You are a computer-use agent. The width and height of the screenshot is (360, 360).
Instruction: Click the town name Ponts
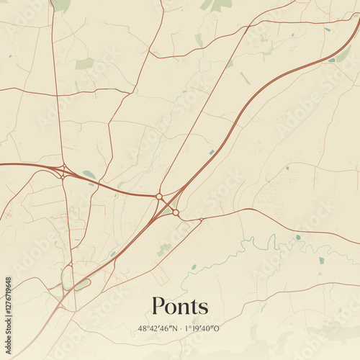click(180, 307)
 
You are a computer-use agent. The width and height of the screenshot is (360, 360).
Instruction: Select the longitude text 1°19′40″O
click(203, 328)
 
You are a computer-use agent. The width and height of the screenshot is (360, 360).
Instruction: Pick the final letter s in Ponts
click(204, 309)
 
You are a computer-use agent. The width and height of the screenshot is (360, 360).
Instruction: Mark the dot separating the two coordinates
click(181, 328)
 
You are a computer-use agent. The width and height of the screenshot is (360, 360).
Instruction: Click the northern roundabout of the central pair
click(159, 196)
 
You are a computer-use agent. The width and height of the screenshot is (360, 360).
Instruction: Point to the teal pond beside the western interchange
click(89, 174)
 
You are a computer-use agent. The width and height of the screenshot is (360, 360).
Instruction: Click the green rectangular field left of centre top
click(84, 63)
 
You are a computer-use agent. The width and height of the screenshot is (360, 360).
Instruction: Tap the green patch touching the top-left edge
click(62, 4)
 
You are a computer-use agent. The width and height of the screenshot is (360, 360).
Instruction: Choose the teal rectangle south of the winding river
click(321, 260)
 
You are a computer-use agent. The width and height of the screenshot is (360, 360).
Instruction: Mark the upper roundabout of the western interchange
click(64, 168)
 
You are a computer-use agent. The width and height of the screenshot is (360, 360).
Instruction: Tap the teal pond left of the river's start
click(194, 266)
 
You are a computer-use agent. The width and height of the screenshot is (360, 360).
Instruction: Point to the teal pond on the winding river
click(297, 237)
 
